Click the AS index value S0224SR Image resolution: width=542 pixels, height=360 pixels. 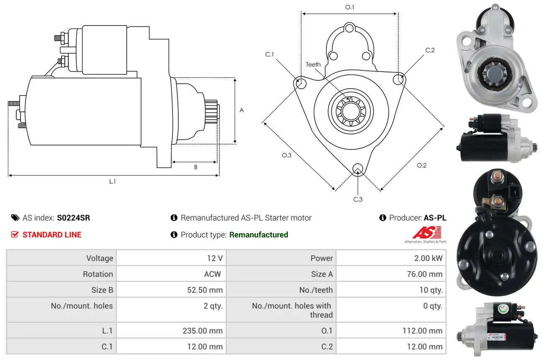pos(73,218)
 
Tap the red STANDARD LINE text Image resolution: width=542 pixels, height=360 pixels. pos(51,235)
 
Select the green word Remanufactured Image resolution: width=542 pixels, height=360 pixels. pos(259,235)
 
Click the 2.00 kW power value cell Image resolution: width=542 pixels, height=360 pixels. pos(428,258)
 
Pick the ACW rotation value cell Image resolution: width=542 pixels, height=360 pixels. pos(212,274)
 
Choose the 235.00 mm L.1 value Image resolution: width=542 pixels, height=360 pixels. pos(203,331)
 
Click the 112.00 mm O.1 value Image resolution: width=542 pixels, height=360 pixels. pos(422,331)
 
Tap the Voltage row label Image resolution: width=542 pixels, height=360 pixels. pos(100,258)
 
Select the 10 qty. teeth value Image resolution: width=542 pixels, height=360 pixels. pos(431,290)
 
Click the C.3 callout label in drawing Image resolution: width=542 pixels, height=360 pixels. pos(358,199)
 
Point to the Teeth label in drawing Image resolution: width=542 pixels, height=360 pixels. pos(313,64)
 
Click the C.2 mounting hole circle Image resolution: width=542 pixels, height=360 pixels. pos(399,79)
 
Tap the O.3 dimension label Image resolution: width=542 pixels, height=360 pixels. pos(286,155)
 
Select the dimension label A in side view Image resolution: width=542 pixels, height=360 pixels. pos(241,111)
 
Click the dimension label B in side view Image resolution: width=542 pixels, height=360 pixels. pos(195,167)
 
